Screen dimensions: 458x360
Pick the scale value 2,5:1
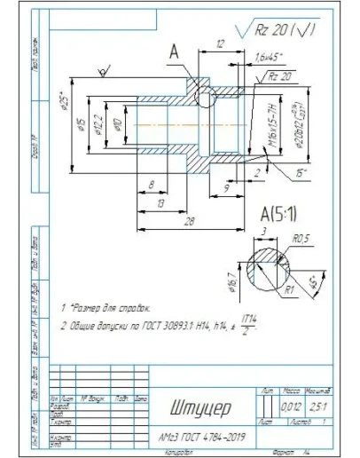(x=316, y=407)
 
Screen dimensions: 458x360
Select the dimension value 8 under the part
(x=152, y=185)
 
